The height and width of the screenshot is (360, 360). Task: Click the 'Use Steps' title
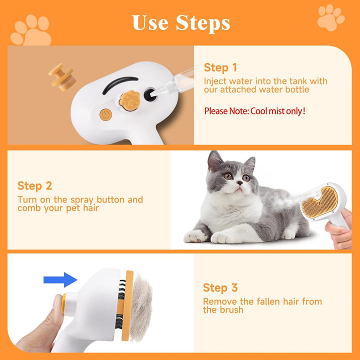[181, 22]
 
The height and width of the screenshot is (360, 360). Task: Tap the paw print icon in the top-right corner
[330, 18]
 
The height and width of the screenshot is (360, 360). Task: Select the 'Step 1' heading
[220, 67]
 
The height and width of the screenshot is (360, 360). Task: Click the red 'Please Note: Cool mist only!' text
[254, 111]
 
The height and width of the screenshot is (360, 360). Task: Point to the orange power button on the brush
[105, 114]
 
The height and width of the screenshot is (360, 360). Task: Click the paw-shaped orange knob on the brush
[128, 98]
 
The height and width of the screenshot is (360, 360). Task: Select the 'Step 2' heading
[34, 186]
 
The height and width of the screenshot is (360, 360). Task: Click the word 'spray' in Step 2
[95, 199]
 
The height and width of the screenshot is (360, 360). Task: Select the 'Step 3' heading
[220, 287]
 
